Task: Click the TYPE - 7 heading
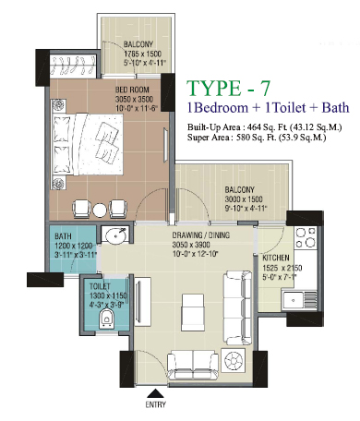tap(228, 88)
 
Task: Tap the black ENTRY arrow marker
tap(156, 393)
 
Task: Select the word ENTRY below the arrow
tap(156, 404)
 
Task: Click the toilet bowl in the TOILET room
tap(107, 319)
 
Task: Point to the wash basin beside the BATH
tap(115, 235)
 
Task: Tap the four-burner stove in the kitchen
tap(306, 237)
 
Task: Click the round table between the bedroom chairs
tap(100, 210)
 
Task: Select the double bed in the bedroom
tap(88, 144)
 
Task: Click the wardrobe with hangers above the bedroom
tap(73, 66)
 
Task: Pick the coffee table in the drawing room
tap(193, 312)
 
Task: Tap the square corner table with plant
tap(234, 360)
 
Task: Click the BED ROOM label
tap(132, 90)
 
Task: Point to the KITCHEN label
tap(276, 258)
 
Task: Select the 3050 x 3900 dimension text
tap(191, 245)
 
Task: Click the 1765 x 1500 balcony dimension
tap(142, 54)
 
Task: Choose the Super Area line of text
tap(257, 138)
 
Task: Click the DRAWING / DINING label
tap(201, 235)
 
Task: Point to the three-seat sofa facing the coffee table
tap(237, 307)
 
